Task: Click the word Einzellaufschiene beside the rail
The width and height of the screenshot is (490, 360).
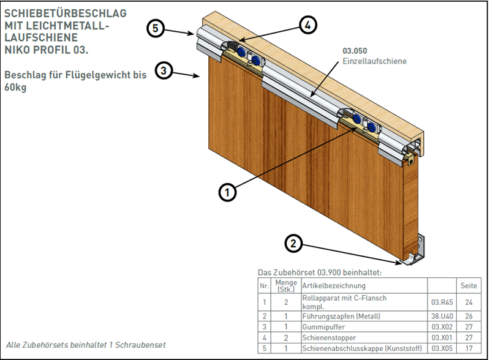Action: click(374, 61)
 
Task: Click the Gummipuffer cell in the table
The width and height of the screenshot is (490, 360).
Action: click(323, 328)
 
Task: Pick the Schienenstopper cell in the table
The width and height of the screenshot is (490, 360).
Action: click(328, 338)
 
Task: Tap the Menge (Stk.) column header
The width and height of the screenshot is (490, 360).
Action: click(285, 285)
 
